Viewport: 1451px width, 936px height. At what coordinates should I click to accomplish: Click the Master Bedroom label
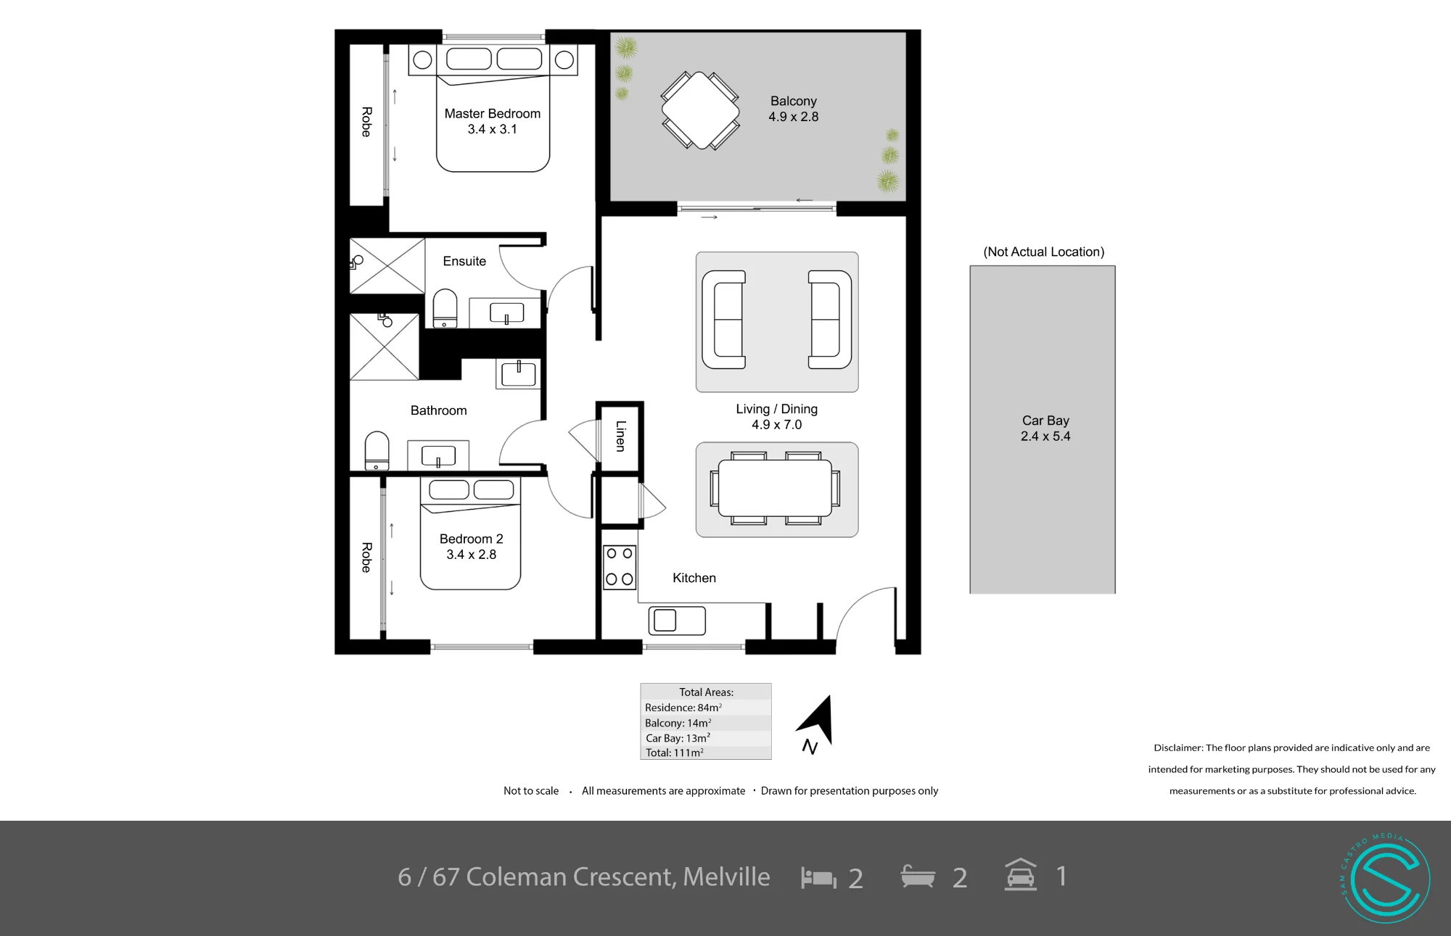click(x=492, y=114)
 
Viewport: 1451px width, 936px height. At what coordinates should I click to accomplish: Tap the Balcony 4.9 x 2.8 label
click(x=793, y=109)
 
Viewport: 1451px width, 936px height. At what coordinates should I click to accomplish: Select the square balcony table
click(x=700, y=110)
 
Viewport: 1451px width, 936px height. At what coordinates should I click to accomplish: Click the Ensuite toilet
click(x=445, y=309)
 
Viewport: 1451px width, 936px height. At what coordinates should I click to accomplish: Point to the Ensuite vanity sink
click(x=506, y=313)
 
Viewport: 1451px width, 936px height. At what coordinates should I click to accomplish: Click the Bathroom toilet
click(x=377, y=451)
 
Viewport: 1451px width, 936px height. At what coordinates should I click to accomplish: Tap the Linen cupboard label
click(x=620, y=436)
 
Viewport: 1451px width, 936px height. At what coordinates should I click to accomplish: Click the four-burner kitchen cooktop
click(x=620, y=567)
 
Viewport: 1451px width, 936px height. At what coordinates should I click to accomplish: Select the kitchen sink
click(x=676, y=621)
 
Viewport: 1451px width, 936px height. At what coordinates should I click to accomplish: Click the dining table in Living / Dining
click(x=775, y=488)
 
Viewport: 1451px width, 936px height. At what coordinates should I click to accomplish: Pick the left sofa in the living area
click(x=724, y=320)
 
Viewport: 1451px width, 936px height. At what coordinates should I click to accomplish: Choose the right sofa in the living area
click(x=830, y=320)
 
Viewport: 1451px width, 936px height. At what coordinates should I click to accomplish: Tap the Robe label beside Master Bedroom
click(x=366, y=122)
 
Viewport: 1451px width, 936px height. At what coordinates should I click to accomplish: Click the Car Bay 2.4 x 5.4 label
click(x=1045, y=428)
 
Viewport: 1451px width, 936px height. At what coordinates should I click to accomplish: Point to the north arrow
click(x=817, y=722)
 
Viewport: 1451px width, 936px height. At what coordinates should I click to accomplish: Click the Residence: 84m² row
click(x=683, y=708)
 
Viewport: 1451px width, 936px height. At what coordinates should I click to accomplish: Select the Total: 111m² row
click(x=675, y=753)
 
